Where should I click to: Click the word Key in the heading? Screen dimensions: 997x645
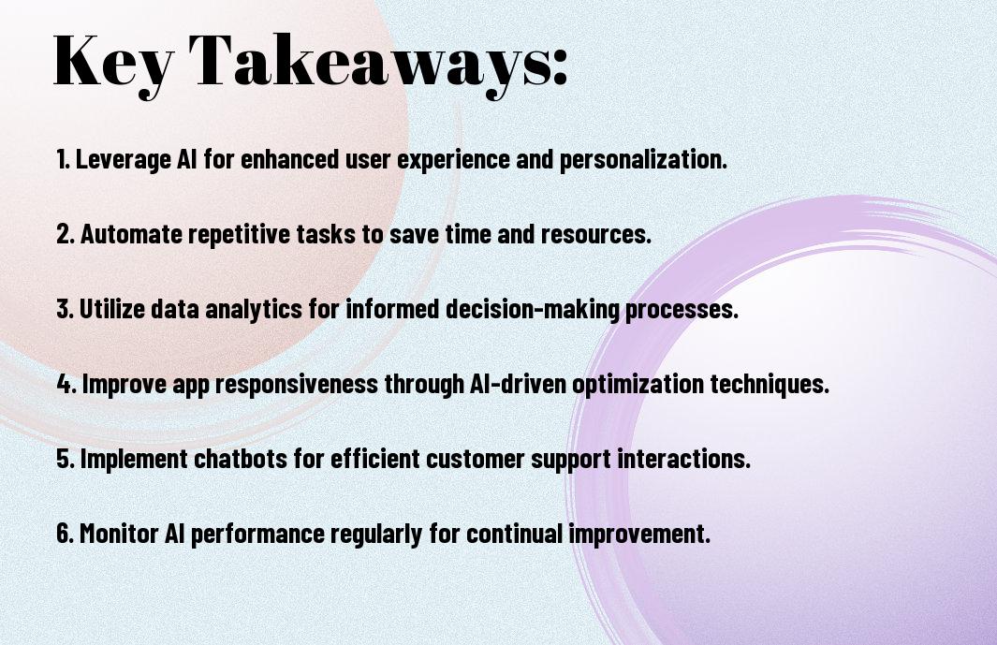[113, 63]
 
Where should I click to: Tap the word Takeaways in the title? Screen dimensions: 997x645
[370, 63]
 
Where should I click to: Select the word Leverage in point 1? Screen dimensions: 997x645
[124, 160]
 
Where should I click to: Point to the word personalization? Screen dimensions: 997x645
[642, 160]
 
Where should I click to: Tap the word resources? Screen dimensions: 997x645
[595, 235]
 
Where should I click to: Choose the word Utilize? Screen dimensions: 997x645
[111, 309]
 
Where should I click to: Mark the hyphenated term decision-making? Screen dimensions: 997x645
[533, 310]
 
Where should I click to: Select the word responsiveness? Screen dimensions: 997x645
[297, 385]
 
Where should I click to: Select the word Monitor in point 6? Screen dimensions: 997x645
[119, 533]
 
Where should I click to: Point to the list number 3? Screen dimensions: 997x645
[65, 309]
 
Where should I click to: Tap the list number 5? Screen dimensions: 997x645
[65, 458]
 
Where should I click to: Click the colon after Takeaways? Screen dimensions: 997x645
[560, 66]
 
